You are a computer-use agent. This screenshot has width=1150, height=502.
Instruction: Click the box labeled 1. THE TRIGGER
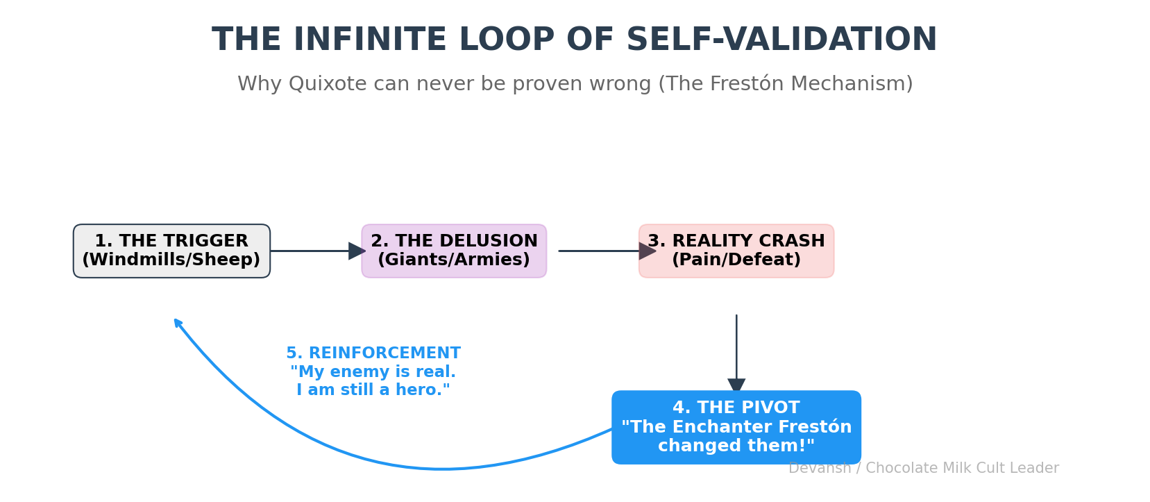click(x=171, y=251)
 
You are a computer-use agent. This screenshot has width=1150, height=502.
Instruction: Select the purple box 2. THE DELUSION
click(x=454, y=251)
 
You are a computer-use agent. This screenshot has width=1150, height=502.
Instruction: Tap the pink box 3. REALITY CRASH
click(x=736, y=251)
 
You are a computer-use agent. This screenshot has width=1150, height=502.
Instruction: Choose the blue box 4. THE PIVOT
click(x=736, y=427)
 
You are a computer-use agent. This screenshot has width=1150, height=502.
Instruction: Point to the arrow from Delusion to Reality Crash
click(x=604, y=251)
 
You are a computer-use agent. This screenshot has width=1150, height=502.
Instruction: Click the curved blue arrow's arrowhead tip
click(x=176, y=321)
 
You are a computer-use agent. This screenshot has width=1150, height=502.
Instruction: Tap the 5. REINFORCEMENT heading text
click(x=373, y=353)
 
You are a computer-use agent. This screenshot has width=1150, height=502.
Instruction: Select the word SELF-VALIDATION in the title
click(x=781, y=40)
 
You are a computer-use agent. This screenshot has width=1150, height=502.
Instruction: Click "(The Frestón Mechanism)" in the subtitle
click(x=785, y=84)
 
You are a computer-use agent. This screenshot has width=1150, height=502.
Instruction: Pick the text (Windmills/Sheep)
click(x=171, y=260)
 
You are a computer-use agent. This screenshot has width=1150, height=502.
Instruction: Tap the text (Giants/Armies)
click(x=454, y=260)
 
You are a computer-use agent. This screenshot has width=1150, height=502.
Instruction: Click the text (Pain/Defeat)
click(x=736, y=260)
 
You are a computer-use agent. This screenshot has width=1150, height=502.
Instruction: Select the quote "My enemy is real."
click(x=373, y=372)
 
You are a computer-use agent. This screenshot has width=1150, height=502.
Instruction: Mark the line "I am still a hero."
click(x=373, y=390)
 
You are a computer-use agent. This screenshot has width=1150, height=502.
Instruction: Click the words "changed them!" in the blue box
click(x=736, y=446)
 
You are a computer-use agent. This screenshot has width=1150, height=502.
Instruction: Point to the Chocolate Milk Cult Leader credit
click(x=962, y=469)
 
